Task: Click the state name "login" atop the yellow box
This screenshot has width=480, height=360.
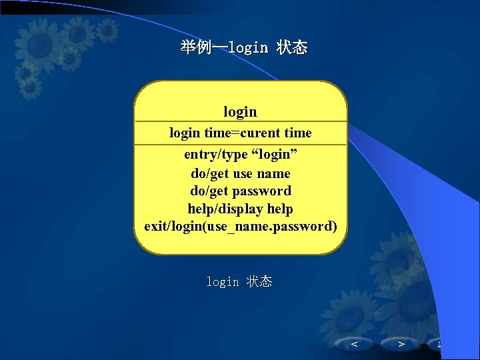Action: (x=240, y=111)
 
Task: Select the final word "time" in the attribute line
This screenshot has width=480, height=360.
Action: (x=298, y=133)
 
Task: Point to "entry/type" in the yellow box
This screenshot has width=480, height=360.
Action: (x=216, y=155)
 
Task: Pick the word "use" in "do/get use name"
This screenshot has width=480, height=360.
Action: (x=243, y=173)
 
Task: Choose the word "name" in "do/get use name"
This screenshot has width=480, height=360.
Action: (x=273, y=173)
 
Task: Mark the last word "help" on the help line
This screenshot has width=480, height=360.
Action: (x=279, y=209)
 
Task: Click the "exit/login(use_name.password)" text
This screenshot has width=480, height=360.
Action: (x=240, y=227)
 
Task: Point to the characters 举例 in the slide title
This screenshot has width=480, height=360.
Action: (x=195, y=48)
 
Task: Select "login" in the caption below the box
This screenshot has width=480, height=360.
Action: (x=222, y=283)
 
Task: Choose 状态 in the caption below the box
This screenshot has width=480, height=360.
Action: (x=259, y=282)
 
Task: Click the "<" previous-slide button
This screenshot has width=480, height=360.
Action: (x=354, y=344)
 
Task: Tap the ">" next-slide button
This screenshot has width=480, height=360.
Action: (x=401, y=344)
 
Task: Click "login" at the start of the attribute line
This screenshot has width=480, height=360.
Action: (x=185, y=133)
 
